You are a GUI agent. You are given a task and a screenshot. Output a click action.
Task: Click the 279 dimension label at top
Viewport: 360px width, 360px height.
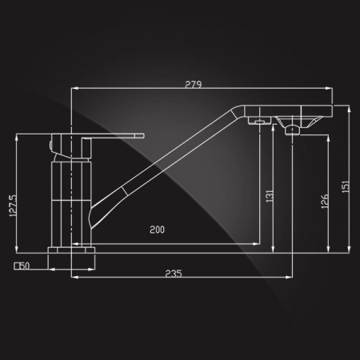[194, 84]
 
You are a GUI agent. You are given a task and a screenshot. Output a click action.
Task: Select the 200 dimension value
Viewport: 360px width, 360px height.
[157, 230]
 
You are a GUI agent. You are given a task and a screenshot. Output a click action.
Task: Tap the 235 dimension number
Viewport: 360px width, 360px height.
[174, 274]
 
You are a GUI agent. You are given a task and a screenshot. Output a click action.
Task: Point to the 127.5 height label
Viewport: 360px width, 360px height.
[13, 206]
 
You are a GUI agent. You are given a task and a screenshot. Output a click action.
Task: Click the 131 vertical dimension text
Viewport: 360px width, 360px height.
[270, 196]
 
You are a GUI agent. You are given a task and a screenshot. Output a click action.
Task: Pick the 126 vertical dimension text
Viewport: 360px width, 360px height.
[325, 201]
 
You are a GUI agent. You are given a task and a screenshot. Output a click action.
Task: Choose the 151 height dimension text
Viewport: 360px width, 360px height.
[346, 186]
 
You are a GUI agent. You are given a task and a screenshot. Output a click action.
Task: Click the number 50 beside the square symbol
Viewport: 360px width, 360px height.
[26, 266]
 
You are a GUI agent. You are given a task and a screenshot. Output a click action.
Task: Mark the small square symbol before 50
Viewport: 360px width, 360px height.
[18, 266]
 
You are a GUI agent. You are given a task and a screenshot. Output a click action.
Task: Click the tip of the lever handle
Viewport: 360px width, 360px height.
[144, 136]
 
